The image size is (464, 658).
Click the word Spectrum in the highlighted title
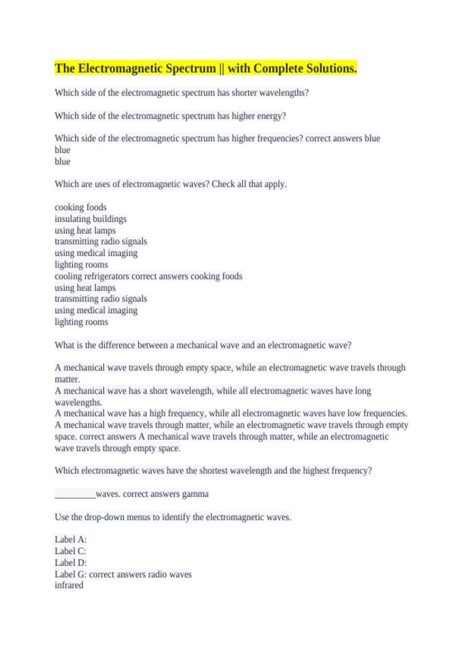click(191, 69)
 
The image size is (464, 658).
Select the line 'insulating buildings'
click(90, 219)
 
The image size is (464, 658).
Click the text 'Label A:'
click(70, 540)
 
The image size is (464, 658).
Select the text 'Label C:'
click(70, 551)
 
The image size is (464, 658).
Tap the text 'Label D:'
click(70, 563)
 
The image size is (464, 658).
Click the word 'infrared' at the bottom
click(69, 585)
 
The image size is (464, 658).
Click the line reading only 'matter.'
click(67, 379)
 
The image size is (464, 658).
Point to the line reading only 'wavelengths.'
click(78, 403)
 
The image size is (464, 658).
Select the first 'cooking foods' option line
click(80, 207)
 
